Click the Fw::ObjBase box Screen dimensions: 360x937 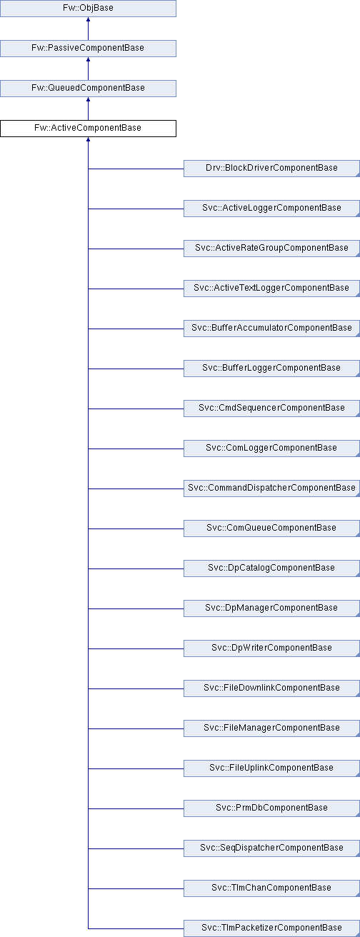(88, 9)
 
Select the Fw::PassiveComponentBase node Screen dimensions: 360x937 (88, 49)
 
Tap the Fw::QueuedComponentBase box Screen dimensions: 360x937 (88, 89)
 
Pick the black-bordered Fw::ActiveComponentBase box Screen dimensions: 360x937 (88, 129)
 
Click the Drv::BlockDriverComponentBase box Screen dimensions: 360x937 (271, 168)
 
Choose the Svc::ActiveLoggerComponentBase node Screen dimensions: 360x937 (271, 209)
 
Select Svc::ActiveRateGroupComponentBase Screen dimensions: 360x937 (271, 249)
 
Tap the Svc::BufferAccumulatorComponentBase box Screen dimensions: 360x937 (271, 329)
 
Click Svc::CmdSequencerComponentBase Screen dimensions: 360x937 (271, 409)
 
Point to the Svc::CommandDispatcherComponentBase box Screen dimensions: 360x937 (271, 488)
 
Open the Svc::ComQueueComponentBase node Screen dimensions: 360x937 (271, 528)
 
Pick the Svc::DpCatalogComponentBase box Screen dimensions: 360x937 (271, 568)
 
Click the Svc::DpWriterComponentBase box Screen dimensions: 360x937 (271, 648)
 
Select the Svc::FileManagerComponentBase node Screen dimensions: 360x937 (271, 728)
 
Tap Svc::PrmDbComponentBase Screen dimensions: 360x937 (271, 808)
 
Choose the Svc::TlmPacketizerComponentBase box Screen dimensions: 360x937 (271, 928)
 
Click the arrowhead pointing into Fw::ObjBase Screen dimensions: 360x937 (88, 20)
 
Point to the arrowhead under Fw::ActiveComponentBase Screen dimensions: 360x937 (88, 140)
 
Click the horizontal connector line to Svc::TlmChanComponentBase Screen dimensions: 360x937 (136, 889)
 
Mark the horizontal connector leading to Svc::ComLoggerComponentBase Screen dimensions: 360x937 (136, 449)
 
